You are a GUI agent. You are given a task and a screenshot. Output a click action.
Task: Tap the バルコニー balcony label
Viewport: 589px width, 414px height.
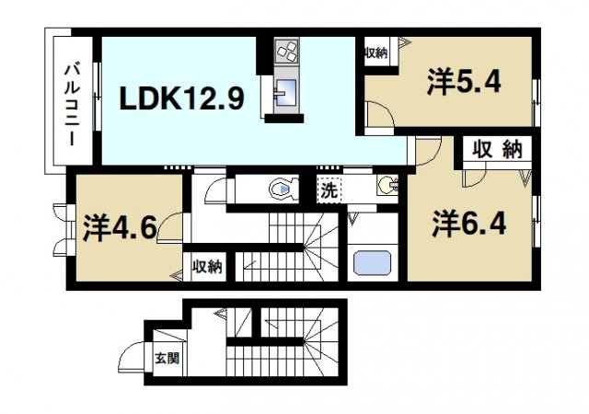click(x=70, y=103)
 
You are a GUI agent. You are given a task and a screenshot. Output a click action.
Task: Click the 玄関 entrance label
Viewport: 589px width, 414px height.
click(x=166, y=359)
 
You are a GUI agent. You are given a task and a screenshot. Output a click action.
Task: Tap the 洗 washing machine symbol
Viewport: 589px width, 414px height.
click(x=329, y=191)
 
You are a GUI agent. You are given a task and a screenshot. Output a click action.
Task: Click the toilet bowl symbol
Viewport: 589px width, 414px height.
click(x=282, y=190)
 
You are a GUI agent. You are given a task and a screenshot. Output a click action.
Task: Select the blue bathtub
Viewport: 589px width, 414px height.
click(x=373, y=260)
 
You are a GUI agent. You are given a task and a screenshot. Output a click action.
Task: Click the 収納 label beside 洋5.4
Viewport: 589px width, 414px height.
click(x=375, y=52)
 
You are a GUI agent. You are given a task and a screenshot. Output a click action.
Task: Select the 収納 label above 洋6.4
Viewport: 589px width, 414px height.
click(x=498, y=149)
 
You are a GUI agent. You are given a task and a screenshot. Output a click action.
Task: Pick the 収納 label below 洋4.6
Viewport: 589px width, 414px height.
click(x=207, y=268)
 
